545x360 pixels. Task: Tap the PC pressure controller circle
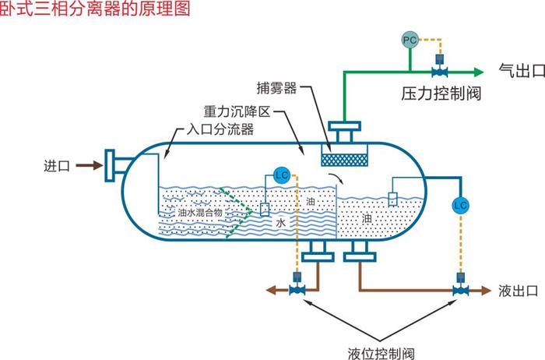pos(410,38)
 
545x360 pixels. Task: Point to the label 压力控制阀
pos(441,95)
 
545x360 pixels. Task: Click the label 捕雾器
pos(276,87)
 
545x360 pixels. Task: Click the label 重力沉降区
pos(236,112)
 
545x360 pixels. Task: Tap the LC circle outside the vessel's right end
pos(460,204)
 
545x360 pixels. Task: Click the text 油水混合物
pos(200,211)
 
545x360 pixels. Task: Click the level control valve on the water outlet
pos(296,291)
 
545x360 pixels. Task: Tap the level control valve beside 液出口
pos(461,291)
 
